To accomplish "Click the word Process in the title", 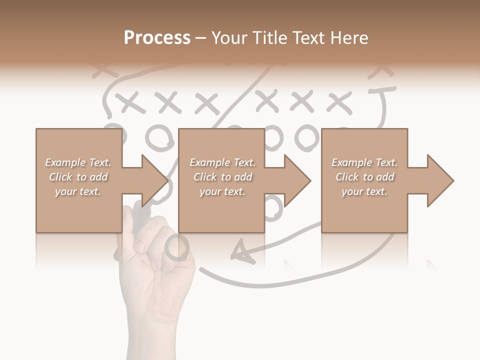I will (x=157, y=38).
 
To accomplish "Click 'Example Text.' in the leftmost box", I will (x=78, y=162).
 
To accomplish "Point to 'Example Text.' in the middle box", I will (x=222, y=162).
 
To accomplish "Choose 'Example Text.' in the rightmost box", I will (x=364, y=162).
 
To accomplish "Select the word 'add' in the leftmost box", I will (x=98, y=177).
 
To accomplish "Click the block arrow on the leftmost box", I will (x=150, y=180).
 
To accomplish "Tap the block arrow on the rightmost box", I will (x=436, y=180).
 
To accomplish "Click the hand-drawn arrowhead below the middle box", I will (x=241, y=250).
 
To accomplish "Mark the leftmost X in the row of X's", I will (x=129, y=103).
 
